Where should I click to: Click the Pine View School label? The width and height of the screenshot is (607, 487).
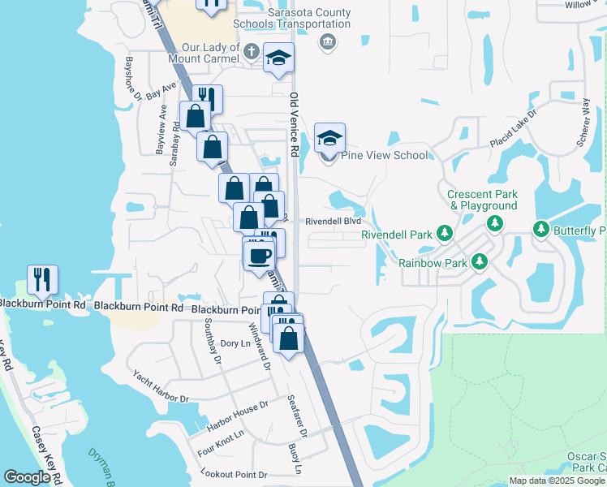click(x=386, y=155)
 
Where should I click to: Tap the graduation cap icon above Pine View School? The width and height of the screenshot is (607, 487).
click(x=329, y=138)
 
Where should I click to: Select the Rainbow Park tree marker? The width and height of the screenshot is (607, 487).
click(x=480, y=262)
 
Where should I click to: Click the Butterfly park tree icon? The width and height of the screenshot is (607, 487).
click(x=541, y=231)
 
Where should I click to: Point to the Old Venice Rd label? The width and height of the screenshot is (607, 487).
click(x=295, y=125)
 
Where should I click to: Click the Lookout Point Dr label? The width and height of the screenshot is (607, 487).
click(x=235, y=474)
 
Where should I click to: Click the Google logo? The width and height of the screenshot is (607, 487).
click(x=27, y=477)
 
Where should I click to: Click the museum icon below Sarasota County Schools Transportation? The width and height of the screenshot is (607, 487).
click(x=327, y=42)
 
